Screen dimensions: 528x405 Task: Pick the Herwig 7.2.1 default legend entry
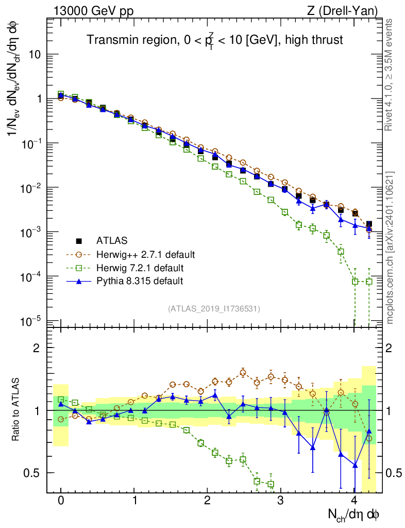tap(140, 268)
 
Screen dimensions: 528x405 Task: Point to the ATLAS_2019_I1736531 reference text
tap(214, 309)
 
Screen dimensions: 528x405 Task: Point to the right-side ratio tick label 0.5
tap(394, 473)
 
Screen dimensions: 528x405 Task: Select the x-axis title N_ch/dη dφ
tap(355, 515)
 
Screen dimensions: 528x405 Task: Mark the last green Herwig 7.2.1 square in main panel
tap(369, 282)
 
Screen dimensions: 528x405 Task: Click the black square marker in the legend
tap(79, 241)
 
